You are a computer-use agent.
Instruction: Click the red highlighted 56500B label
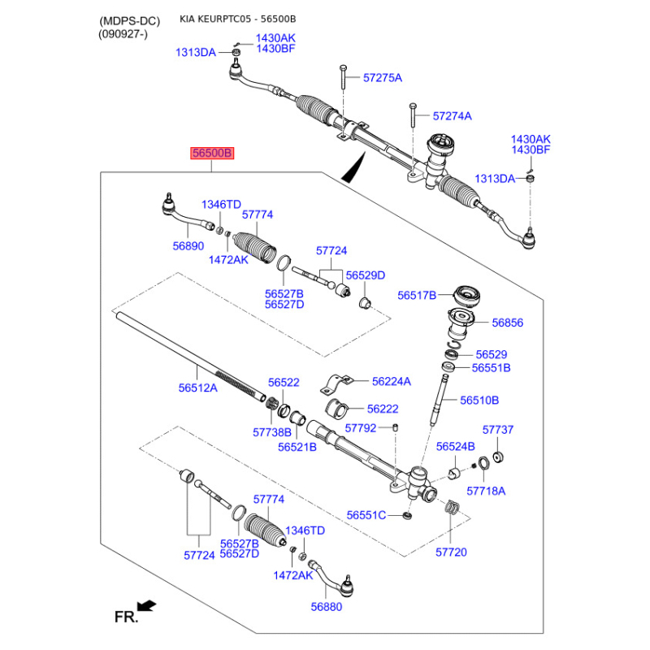[x=212, y=153]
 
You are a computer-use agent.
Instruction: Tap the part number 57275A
[x=383, y=77]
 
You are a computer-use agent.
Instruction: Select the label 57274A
[x=453, y=115]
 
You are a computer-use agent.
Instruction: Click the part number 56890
[x=188, y=246]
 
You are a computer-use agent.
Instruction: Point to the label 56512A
[x=197, y=388]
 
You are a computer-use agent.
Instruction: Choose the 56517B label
[x=417, y=295]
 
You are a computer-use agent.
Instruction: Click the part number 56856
[x=507, y=323]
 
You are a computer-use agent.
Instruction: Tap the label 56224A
[x=392, y=381]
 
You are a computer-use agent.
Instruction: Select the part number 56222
[x=383, y=409]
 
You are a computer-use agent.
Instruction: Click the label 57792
[x=361, y=428]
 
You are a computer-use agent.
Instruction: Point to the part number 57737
[x=498, y=430]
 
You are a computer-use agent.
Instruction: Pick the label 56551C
[x=366, y=515]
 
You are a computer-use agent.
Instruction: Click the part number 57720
[x=451, y=552]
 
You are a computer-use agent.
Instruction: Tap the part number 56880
[x=327, y=606]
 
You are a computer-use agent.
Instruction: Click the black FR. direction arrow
[x=147, y=605]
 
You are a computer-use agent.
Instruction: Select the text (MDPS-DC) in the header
[x=129, y=21]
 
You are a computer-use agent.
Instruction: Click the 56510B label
[x=479, y=400]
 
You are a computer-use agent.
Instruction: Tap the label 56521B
[x=297, y=447]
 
